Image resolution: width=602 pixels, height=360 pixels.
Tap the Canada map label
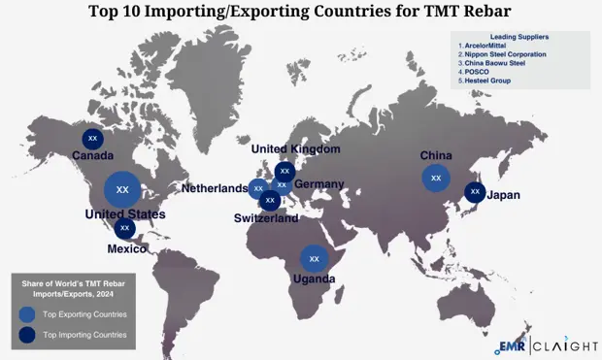click(93, 155)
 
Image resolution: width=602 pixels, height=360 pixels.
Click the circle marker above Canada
click(93, 139)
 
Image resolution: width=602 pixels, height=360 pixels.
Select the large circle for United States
click(122, 188)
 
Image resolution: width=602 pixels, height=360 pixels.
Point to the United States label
click(125, 214)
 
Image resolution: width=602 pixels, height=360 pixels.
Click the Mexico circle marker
click(124, 228)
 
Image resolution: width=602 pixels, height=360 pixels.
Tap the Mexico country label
click(127, 248)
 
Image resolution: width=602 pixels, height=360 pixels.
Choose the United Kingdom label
click(296, 149)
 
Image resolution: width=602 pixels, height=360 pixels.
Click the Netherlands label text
click(214, 188)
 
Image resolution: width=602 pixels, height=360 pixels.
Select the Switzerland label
click(266, 218)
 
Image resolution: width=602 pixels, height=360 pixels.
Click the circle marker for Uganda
click(314, 259)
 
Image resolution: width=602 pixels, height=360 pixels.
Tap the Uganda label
click(314, 279)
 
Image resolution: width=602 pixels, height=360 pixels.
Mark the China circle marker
click(436, 178)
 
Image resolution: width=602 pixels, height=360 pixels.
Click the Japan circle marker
click(475, 192)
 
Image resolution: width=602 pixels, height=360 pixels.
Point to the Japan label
click(503, 195)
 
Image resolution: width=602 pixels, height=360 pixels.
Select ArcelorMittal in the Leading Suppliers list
click(490, 46)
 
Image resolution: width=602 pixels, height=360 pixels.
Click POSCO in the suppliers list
click(480, 72)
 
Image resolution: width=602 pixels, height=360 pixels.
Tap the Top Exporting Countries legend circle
click(27, 314)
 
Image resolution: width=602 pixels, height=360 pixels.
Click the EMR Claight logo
click(546, 344)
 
